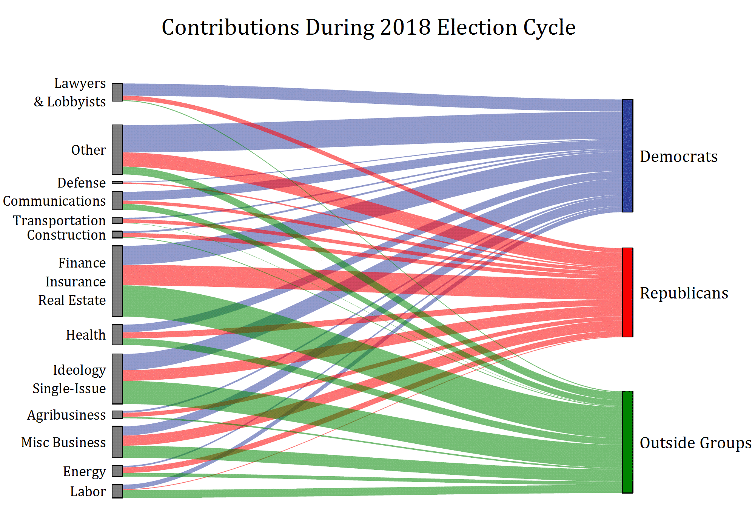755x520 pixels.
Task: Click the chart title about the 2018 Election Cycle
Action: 368,27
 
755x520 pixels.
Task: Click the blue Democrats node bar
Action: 627,155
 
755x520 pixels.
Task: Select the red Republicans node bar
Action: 627,292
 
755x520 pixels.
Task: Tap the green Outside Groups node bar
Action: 627,442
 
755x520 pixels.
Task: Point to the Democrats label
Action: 679,157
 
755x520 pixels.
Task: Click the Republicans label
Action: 684,293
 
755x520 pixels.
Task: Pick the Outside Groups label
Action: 695,443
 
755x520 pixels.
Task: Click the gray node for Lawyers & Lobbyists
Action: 117,92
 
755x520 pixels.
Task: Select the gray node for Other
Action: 117,149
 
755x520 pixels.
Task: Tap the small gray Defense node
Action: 117,183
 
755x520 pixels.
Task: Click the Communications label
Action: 54,201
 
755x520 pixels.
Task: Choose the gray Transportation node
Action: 117,220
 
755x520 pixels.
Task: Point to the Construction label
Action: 66,235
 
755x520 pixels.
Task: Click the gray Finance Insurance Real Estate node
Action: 117,281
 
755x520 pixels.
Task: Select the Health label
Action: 86,335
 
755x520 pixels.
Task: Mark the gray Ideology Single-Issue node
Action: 117,379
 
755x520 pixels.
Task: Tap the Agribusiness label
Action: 66,415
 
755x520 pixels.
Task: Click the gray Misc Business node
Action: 117,442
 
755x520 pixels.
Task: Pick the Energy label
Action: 84,472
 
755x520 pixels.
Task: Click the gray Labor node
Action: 117,491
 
